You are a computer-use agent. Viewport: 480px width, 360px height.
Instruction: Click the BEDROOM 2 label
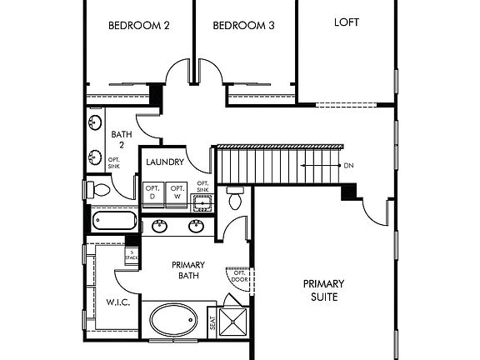(139, 25)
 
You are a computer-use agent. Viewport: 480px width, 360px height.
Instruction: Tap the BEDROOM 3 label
(244, 25)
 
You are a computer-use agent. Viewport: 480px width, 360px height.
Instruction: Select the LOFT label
(347, 22)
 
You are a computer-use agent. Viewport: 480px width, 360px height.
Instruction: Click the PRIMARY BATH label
(187, 271)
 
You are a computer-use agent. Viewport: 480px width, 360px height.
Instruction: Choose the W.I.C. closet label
(116, 301)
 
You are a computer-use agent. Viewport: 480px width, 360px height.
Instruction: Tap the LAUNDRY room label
(165, 162)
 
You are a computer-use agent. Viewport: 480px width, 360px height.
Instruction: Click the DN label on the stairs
(348, 165)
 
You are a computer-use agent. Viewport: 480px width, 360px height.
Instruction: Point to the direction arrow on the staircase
(321, 165)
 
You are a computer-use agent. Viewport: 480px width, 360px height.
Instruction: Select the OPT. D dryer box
(153, 193)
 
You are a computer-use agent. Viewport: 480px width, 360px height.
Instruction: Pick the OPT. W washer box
(177, 193)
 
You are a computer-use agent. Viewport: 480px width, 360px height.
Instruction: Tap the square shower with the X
(235, 322)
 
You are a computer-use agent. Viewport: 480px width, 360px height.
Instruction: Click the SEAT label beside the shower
(212, 322)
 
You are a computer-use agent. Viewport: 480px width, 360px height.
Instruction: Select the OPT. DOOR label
(239, 277)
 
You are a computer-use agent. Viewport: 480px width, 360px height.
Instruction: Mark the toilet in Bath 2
(99, 189)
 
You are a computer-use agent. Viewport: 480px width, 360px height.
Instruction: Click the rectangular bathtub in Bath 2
(115, 222)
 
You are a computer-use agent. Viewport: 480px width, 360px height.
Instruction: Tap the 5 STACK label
(131, 254)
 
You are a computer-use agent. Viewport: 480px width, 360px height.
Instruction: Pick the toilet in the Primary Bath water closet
(235, 199)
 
